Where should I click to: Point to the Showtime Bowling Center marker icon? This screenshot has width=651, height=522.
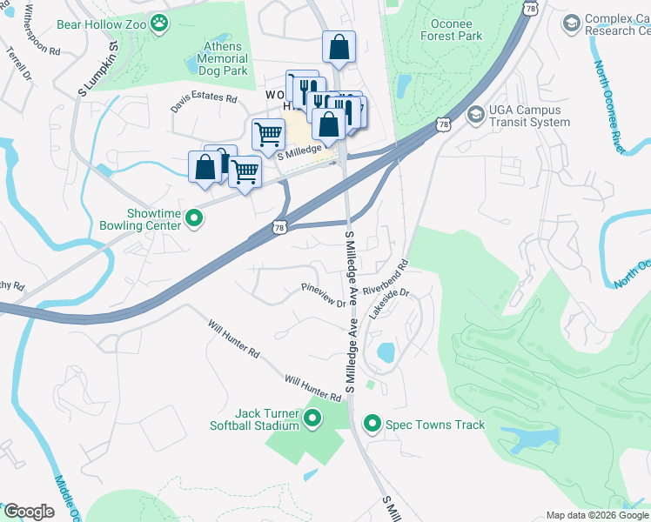pyautogui.click(x=194, y=218)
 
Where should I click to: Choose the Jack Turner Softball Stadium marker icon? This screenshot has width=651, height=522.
pyautogui.click(x=312, y=420)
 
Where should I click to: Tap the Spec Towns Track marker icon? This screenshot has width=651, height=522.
pyautogui.click(x=372, y=424)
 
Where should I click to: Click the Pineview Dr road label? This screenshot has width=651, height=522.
pyautogui.click(x=323, y=293)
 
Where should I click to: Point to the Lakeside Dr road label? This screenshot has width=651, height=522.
pyautogui.click(x=388, y=304)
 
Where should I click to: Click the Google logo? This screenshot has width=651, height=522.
pyautogui.click(x=29, y=511)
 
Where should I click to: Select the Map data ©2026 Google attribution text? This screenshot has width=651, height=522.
pyautogui.click(x=596, y=515)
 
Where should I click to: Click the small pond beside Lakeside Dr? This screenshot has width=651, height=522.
pyautogui.click(x=385, y=352)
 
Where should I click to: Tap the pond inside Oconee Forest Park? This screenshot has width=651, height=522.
pyautogui.click(x=403, y=85)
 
